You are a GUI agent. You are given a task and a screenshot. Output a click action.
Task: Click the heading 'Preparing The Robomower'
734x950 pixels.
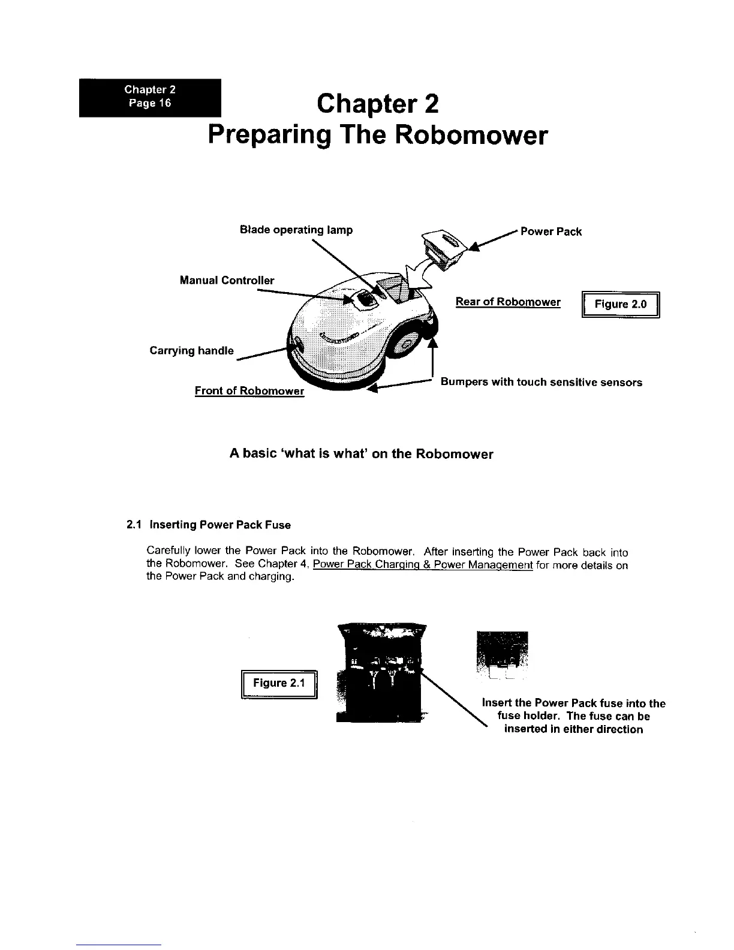tap(378, 136)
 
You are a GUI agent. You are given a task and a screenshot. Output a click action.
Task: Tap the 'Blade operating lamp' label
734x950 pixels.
tap(296, 230)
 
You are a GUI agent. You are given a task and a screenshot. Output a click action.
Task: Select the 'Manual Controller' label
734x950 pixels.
tap(227, 280)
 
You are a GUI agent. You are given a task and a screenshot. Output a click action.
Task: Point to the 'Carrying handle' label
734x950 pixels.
tap(191, 351)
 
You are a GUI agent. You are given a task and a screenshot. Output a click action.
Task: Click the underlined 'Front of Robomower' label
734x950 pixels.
tap(249, 391)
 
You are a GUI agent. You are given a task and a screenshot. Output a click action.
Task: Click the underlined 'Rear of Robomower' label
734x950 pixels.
tap(508, 302)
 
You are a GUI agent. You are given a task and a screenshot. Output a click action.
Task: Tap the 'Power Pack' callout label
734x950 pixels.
tap(550, 232)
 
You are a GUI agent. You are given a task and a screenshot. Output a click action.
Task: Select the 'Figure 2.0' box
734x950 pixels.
tap(621, 304)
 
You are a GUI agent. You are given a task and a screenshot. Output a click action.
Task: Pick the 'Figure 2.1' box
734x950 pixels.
tap(279, 683)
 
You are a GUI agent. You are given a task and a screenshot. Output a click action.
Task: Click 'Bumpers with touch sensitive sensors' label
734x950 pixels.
tap(541, 382)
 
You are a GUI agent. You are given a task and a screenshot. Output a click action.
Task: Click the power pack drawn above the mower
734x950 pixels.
tap(442, 245)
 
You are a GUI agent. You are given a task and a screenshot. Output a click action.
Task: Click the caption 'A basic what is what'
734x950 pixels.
tap(361, 454)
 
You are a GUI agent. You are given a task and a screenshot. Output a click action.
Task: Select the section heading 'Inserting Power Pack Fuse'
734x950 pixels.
tap(219, 525)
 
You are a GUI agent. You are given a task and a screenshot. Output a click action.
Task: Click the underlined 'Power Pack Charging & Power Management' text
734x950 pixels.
tap(423, 565)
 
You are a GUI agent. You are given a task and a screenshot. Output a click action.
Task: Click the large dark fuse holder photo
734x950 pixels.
tap(380, 672)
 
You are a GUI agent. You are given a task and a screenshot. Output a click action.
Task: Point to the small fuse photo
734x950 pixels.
tap(503, 656)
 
